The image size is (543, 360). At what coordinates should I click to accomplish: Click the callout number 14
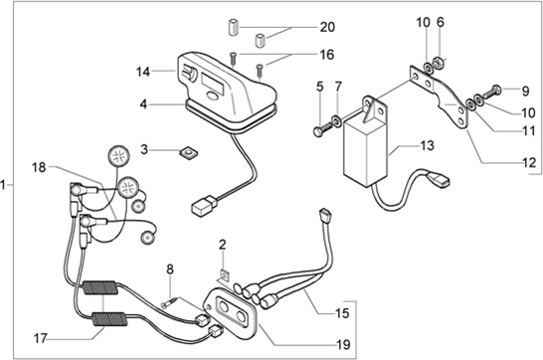(x=143, y=72)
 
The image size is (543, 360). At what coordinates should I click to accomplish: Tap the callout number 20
(x=327, y=27)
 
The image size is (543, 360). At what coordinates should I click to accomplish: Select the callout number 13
(x=428, y=145)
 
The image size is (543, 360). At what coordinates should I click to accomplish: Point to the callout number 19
(x=343, y=344)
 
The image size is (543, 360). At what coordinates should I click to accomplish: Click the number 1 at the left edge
(x=3, y=185)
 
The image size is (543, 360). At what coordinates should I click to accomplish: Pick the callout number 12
(x=529, y=162)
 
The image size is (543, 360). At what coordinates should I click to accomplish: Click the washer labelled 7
(x=336, y=120)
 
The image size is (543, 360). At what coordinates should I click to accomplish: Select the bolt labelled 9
(x=491, y=91)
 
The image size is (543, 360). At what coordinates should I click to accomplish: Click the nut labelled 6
(x=438, y=63)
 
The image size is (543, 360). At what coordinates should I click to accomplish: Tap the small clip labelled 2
(x=225, y=275)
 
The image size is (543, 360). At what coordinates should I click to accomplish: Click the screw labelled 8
(x=170, y=301)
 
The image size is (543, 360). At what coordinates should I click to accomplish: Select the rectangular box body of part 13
(x=366, y=152)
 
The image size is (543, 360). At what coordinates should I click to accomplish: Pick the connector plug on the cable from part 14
(x=204, y=206)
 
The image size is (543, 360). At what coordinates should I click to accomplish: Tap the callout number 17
(x=40, y=338)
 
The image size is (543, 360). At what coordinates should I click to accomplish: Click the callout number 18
(x=39, y=168)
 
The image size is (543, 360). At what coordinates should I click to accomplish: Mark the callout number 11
(x=529, y=131)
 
